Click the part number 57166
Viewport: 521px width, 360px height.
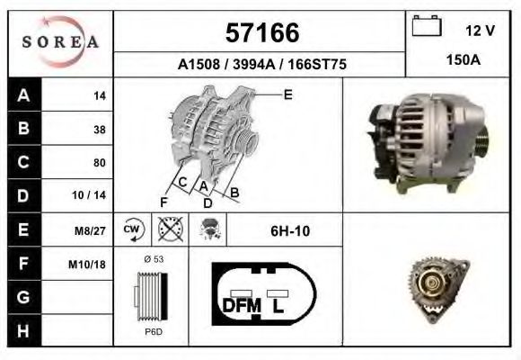261,33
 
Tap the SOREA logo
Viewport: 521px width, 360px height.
59,43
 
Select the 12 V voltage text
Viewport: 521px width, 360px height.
480,31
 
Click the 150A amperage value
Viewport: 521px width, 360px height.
464,60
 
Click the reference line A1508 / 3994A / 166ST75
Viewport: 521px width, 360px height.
261,65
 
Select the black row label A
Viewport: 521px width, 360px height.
23,95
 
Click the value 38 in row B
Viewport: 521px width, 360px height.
99,129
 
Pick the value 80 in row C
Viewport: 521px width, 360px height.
99,163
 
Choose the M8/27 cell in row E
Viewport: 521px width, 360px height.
91,230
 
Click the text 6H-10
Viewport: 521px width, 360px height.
290,231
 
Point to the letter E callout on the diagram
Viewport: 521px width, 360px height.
287,94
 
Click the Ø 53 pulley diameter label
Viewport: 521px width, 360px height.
153,258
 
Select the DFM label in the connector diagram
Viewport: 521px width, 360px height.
241,305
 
